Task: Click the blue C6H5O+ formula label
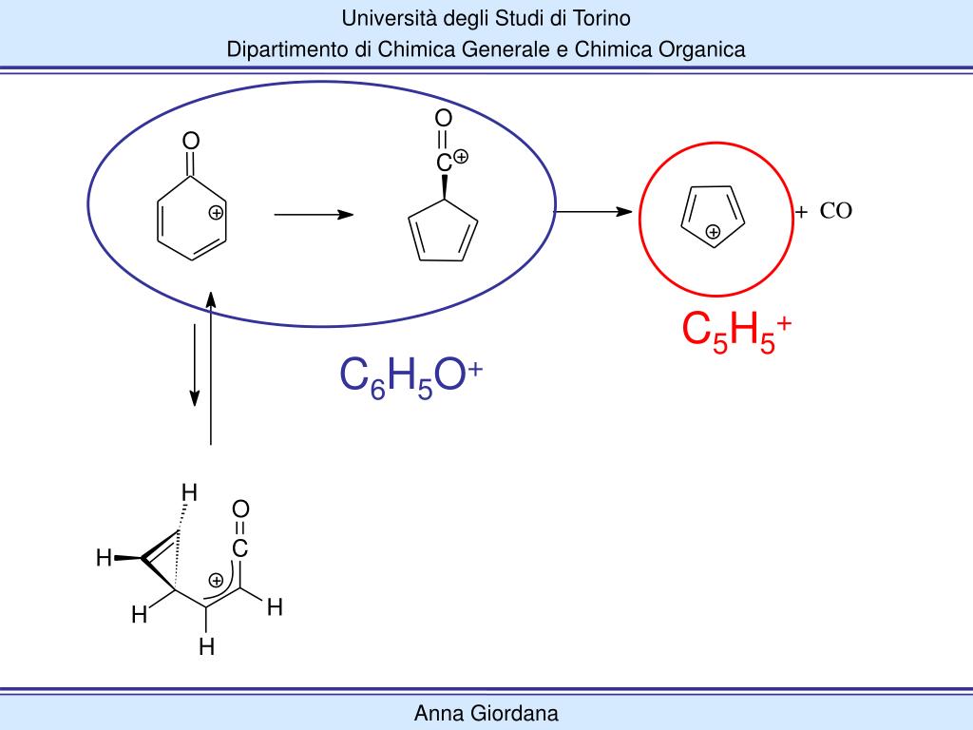(411, 376)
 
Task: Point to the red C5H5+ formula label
(736, 331)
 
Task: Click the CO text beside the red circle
(836, 211)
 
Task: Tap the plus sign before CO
(801, 212)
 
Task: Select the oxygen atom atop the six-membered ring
(191, 142)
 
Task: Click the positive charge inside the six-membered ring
(217, 213)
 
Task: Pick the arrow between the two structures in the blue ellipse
(314, 216)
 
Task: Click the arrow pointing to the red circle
(594, 211)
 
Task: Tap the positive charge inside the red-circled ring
(713, 232)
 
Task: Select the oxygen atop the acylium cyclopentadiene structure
(444, 119)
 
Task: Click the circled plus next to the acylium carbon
(461, 157)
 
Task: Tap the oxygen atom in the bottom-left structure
(240, 510)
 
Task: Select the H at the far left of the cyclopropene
(104, 558)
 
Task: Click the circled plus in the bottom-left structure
(217, 580)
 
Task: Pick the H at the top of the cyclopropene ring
(190, 492)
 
